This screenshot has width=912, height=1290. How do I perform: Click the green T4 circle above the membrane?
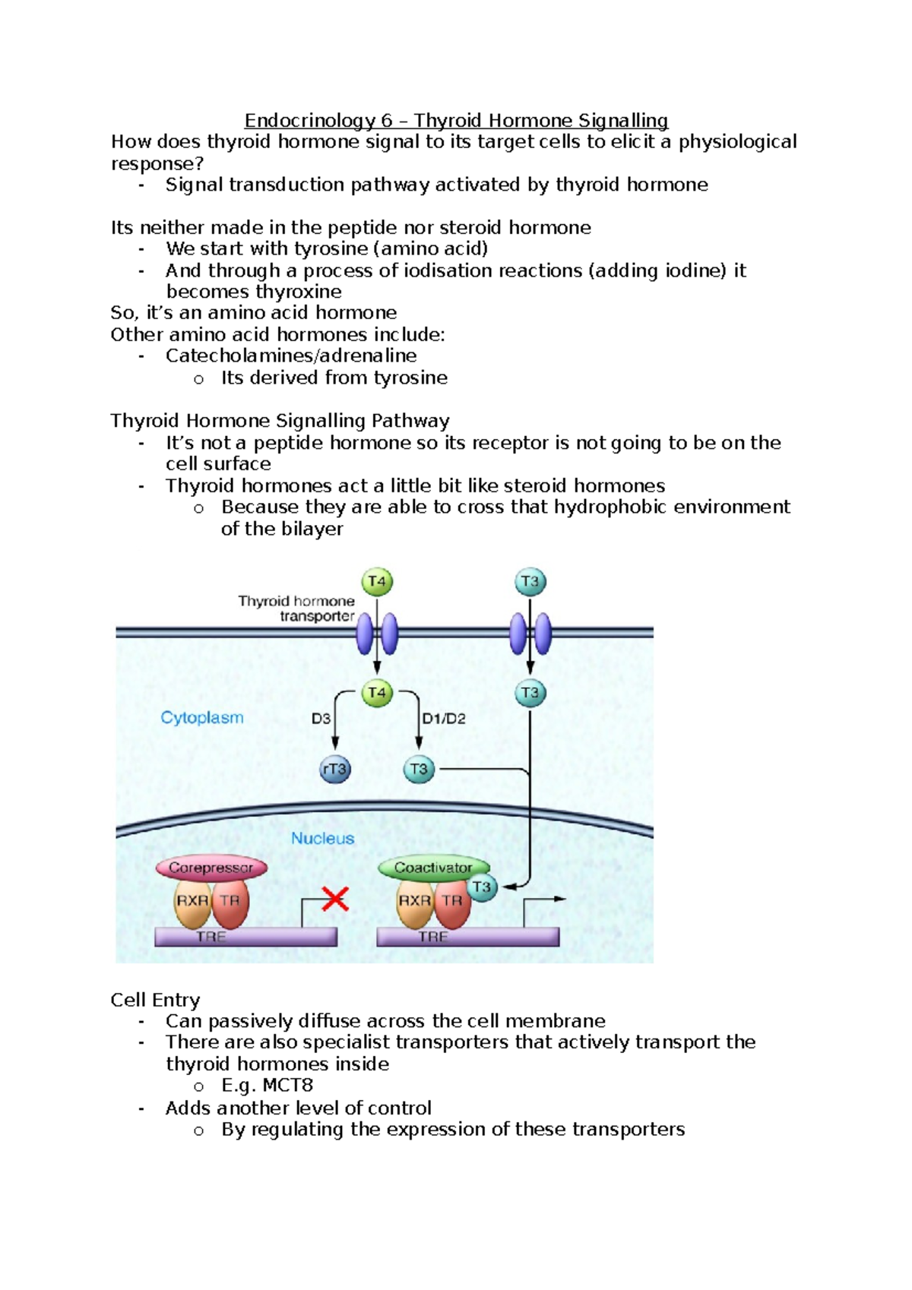click(377, 583)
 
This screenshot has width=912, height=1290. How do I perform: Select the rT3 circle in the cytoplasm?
click(335, 769)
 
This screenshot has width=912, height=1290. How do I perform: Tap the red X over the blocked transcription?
click(334, 900)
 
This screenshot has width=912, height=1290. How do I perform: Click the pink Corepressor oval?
click(211, 868)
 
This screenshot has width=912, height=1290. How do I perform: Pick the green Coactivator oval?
click(433, 868)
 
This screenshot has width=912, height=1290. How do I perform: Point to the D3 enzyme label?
click(321, 719)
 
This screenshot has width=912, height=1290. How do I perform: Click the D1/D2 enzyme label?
click(444, 719)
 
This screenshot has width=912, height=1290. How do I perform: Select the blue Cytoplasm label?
click(202, 717)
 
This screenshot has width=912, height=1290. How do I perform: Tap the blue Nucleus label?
click(323, 838)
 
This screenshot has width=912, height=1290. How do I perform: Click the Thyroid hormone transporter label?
click(297, 609)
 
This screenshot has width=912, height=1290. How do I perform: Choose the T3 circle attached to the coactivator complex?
click(482, 887)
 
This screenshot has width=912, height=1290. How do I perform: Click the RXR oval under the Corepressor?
click(192, 901)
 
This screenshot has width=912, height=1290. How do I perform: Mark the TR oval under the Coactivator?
click(453, 901)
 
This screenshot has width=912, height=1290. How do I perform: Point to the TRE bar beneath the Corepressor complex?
click(245, 937)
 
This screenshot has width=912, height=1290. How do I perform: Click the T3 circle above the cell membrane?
click(530, 583)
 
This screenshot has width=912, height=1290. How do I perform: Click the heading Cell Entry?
click(155, 1000)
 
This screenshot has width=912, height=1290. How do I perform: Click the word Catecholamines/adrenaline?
click(291, 356)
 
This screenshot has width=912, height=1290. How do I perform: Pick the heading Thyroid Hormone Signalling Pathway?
click(280, 421)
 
